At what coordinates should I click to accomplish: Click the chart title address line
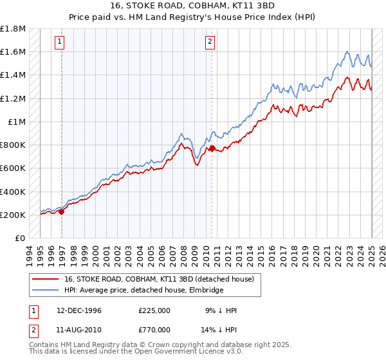194,6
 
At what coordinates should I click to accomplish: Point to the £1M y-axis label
17,122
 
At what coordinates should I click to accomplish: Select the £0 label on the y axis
21,238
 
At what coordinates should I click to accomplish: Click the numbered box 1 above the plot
59,42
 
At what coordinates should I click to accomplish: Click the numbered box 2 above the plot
210,42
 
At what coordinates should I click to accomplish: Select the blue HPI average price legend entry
143,291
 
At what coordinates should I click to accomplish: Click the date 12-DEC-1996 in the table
78,310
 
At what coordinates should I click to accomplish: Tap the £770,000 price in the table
154,329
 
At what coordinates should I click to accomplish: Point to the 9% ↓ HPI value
223,310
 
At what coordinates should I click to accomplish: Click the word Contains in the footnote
44,345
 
